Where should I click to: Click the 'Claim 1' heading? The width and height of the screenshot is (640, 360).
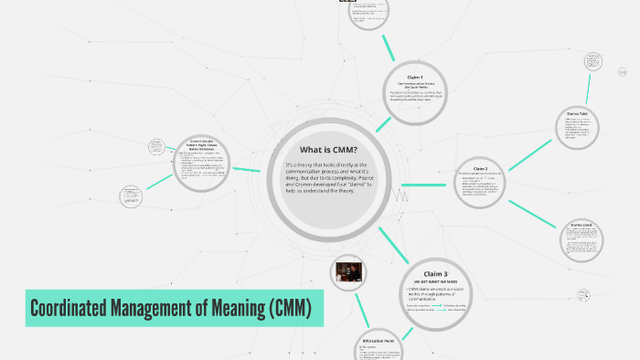[x=415, y=77]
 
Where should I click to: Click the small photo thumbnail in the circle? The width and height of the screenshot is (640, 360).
[x=348, y=272]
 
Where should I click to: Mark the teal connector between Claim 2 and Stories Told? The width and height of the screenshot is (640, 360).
[x=530, y=153]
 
